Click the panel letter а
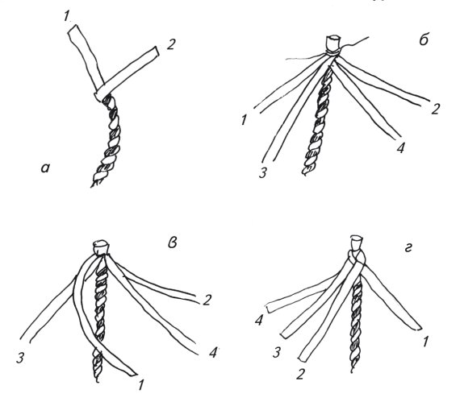(46, 168)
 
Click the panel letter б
(424, 39)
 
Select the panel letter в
(172, 243)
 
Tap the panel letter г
(408, 249)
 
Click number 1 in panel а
(66, 16)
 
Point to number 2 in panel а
(170, 44)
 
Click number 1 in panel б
(244, 120)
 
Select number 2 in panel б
(435, 109)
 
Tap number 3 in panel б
(262, 172)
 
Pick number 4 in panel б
(400, 148)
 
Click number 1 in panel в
(140, 385)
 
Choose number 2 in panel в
(207, 301)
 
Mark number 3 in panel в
(20, 358)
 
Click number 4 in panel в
(212, 353)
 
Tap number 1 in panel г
(425, 342)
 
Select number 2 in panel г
(300, 375)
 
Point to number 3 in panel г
(276, 353)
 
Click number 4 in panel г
(259, 321)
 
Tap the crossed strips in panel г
(357, 259)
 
